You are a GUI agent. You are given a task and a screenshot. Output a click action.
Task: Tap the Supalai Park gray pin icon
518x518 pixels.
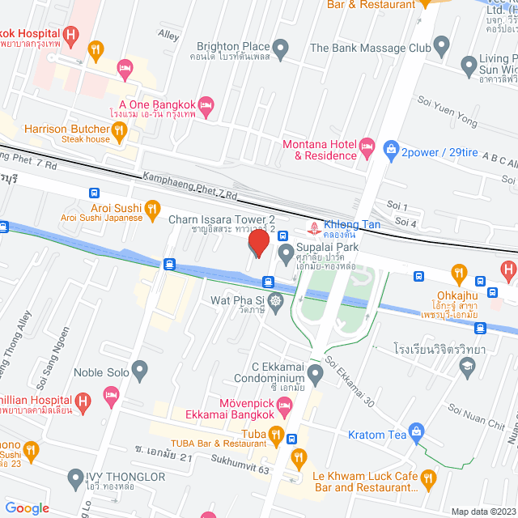pyautogui.click(x=286, y=254)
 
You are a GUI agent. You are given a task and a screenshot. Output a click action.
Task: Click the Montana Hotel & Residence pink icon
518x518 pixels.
pyautogui.click(x=368, y=148)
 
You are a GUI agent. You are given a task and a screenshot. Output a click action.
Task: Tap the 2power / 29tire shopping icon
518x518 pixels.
pyautogui.click(x=391, y=150)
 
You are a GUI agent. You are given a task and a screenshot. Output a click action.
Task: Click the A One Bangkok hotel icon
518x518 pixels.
pyautogui.click(x=206, y=104)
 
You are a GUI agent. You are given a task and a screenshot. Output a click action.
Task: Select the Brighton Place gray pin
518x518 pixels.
pyautogui.click(x=281, y=49)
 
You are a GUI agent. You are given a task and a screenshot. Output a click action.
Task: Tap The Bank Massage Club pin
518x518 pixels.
pyautogui.click(x=441, y=45)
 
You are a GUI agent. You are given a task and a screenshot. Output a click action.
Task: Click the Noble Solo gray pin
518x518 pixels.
pyautogui.click(x=140, y=372)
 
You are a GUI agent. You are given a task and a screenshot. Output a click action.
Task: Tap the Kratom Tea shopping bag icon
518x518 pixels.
pyautogui.click(x=416, y=432)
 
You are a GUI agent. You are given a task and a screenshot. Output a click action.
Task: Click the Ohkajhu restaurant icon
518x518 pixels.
pyautogui.click(x=459, y=272)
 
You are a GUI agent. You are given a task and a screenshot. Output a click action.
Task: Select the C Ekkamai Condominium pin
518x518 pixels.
pyautogui.click(x=315, y=372)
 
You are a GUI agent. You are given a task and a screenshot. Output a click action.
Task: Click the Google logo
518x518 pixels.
pyautogui.click(x=27, y=507)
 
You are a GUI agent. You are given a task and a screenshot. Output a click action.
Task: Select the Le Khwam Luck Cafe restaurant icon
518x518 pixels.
pyautogui.click(x=429, y=479)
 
